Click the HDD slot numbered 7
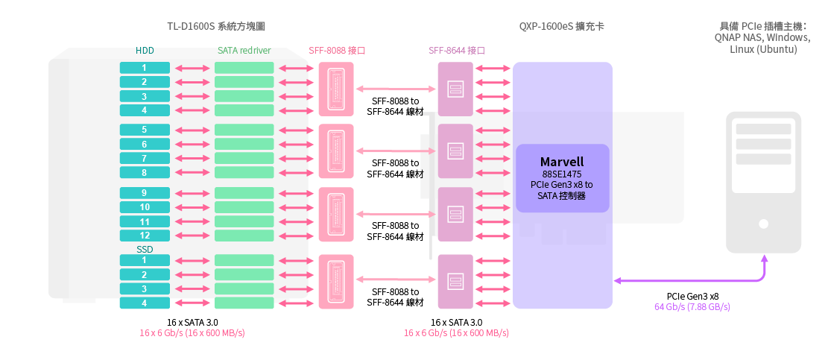145,158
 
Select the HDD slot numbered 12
145,236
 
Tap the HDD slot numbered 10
145,207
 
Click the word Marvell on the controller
562,162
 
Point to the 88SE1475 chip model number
562,174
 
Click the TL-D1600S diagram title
216,27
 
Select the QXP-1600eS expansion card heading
562,27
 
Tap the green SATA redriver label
244,51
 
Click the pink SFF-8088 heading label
337,51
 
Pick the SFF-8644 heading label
457,51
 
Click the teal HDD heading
145,51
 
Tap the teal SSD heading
145,249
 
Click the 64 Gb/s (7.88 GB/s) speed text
692,307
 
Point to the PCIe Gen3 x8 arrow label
692,296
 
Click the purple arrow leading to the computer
715,281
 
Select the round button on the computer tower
763,223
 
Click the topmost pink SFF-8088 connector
336,88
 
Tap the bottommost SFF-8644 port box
455,281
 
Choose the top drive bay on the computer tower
763,130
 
